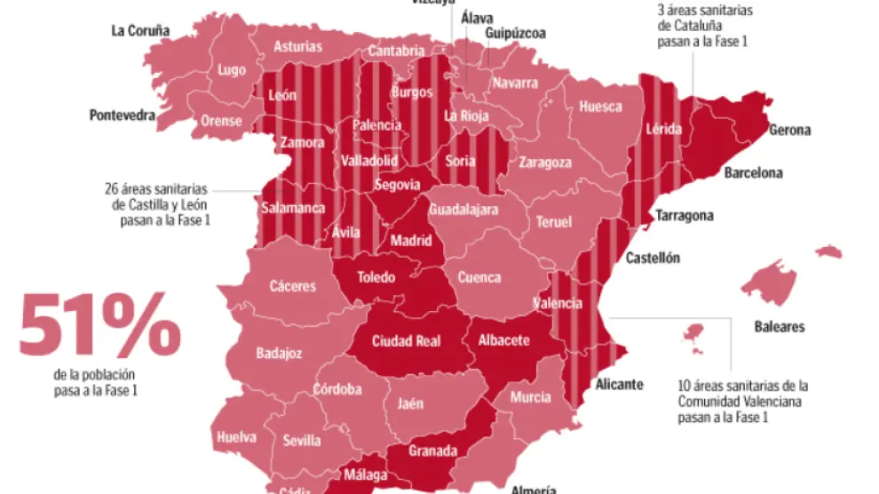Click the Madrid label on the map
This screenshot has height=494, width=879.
pyautogui.click(x=412, y=241)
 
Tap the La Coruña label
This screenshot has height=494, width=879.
pyautogui.click(x=139, y=30)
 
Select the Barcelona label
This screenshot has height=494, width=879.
pyautogui.click(x=753, y=172)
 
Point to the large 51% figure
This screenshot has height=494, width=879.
pyautogui.click(x=99, y=326)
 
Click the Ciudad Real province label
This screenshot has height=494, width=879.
pyautogui.click(x=406, y=341)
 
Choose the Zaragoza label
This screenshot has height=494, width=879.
pyautogui.click(x=545, y=163)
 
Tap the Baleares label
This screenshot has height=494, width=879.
pyautogui.click(x=779, y=327)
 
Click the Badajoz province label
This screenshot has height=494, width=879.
pyautogui.click(x=279, y=353)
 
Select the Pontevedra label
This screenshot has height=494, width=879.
pyautogui.click(x=122, y=115)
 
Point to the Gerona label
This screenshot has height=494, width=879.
pyautogui.click(x=789, y=131)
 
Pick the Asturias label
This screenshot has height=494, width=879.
pyautogui.click(x=297, y=47)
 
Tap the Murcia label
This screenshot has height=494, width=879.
pyautogui.click(x=530, y=397)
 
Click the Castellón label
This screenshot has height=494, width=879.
pyautogui.click(x=653, y=259)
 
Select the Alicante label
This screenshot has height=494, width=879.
pyautogui.click(x=620, y=385)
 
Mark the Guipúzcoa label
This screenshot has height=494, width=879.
pyautogui.click(x=515, y=34)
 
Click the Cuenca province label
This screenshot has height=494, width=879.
pyautogui.click(x=479, y=277)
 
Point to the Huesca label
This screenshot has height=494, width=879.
pyautogui.click(x=600, y=107)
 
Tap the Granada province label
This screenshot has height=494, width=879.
pyautogui.click(x=432, y=450)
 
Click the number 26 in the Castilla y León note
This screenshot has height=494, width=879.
pyautogui.click(x=113, y=188)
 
